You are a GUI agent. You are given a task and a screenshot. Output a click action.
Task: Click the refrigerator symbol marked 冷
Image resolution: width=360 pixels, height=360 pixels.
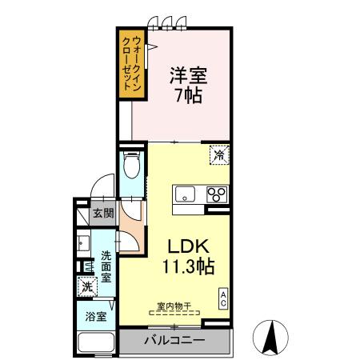pos(218,154)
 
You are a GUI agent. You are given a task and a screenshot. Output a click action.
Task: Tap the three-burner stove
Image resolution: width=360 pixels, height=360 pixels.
pos(216,193)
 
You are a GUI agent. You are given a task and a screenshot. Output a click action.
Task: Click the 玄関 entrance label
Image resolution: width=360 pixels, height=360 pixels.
pos(102,213)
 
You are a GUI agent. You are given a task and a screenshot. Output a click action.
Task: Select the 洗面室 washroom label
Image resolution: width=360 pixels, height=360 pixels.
pos(105,267)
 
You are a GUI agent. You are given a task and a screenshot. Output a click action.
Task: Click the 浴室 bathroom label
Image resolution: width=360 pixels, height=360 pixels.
pos(96,315)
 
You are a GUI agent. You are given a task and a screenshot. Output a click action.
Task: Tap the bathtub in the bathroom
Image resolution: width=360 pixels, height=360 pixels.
pos(96,342)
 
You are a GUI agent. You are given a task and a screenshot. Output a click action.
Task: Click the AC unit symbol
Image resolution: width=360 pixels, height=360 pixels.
pos(222,298)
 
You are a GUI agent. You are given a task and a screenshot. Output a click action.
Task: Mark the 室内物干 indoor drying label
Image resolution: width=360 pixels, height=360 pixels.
pos(174,305)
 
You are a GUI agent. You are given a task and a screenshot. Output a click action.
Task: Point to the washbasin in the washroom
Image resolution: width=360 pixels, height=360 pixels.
pos(82,242)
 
